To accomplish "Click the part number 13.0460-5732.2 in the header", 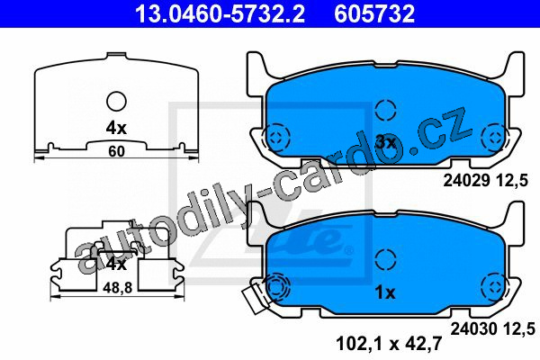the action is pyautogui.click(x=220, y=13).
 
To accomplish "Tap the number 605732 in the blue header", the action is pyautogui.click(x=374, y=13).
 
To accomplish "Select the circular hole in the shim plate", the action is pyautogui.click(x=116, y=102).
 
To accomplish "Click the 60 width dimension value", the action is pyautogui.click(x=116, y=151).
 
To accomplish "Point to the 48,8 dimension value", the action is pyautogui.click(x=117, y=288).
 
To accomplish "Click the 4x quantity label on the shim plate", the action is pyautogui.click(x=116, y=129).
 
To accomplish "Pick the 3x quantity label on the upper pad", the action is pyautogui.click(x=385, y=142).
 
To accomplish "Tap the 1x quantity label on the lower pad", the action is pyautogui.click(x=385, y=292).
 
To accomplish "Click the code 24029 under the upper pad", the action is pyautogui.click(x=466, y=180).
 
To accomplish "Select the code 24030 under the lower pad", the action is pyautogui.click(x=474, y=329).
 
